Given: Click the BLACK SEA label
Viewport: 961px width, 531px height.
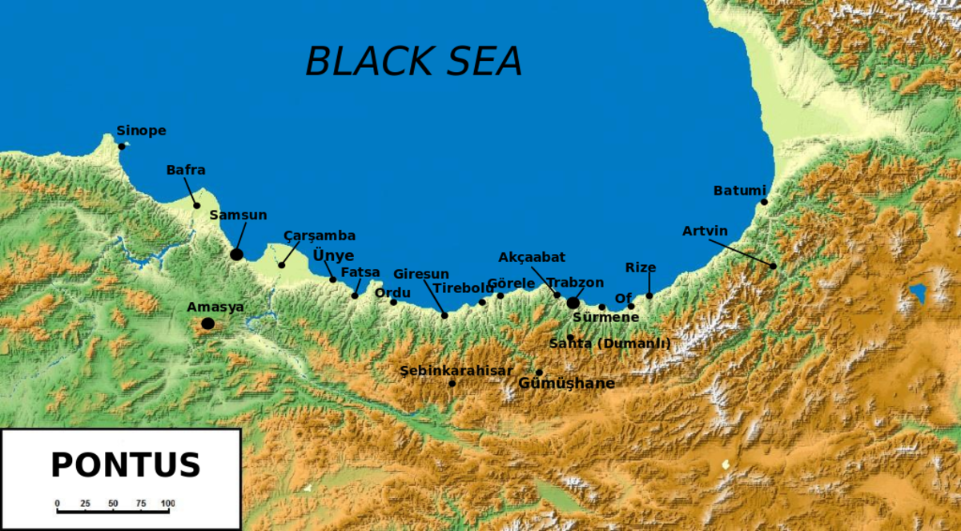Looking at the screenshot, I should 414,61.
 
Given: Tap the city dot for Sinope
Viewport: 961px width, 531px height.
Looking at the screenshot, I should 122,147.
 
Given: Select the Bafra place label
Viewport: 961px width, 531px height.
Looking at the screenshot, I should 186,170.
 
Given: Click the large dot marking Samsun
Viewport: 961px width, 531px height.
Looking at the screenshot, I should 236,254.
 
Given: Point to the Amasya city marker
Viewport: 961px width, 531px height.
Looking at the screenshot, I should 208,324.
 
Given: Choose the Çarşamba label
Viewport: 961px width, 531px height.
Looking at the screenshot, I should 319,235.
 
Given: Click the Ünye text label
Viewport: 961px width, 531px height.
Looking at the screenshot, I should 332,255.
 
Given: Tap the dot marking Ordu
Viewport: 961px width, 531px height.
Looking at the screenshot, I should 393,302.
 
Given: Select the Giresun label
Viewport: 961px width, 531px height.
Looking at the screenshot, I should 420,274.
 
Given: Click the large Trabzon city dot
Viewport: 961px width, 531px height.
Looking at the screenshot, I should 573,303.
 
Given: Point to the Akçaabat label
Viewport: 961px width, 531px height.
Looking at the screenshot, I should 532,257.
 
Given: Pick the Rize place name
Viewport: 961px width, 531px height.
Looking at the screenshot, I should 641,268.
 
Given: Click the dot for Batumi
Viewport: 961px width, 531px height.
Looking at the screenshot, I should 764,202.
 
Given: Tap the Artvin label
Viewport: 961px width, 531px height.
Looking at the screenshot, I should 705,231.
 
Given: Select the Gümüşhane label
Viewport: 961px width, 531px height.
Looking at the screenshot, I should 567,384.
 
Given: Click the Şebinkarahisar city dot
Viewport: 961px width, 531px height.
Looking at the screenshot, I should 452,384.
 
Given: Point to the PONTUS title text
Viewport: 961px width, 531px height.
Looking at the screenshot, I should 125,465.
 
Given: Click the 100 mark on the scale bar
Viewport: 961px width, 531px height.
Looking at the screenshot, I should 167,504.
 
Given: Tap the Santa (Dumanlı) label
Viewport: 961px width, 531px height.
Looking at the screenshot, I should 609,344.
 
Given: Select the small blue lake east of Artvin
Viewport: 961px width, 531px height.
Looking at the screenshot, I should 917,294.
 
